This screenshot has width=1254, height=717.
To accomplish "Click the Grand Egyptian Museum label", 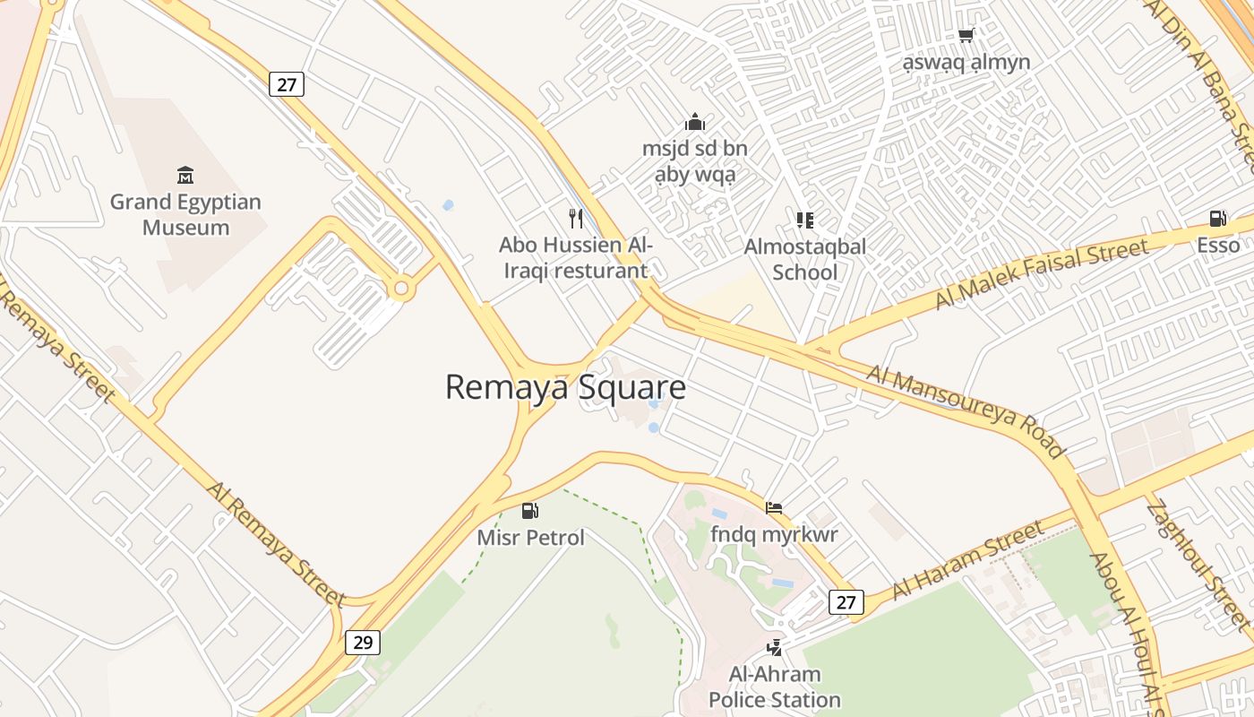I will click(185, 214).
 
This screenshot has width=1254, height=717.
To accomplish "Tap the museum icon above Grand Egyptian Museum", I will click(185, 174).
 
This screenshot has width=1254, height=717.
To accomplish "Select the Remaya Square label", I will click(565, 387).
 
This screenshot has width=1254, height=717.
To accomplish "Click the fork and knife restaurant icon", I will click(576, 218).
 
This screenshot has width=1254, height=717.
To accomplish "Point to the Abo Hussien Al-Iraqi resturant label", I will click(575, 257).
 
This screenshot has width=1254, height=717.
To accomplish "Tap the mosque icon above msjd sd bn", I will click(694, 122).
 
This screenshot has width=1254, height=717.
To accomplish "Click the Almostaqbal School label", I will click(804, 258).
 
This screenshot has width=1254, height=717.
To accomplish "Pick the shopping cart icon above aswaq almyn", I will click(966, 36).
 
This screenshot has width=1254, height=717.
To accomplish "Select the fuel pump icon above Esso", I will click(1217, 219).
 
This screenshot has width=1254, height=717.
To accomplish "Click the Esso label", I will click(1218, 246).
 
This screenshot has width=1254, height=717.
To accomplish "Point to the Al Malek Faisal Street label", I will click(1041, 273).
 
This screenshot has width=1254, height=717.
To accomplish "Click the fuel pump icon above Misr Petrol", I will click(530, 511).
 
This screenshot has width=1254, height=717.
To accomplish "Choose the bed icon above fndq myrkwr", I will click(774, 508).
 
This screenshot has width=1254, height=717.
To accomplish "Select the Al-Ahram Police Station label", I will click(775, 687).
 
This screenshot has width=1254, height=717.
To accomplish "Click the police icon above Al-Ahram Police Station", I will click(774, 647).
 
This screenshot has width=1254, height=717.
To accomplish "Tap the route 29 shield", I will click(363, 642).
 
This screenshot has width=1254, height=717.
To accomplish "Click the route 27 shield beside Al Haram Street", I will click(846, 601).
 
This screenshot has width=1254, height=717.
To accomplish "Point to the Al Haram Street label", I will click(968, 559).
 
